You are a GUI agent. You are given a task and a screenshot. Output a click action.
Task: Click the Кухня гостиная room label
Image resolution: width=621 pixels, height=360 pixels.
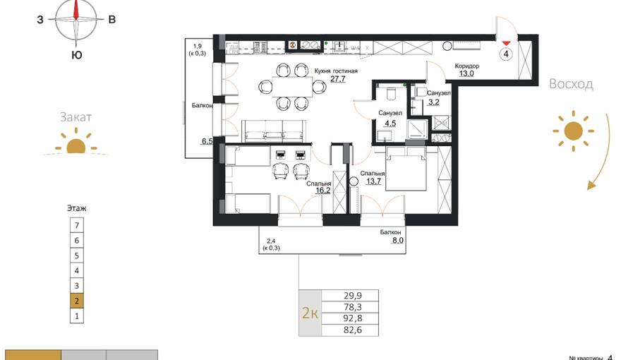(336, 71)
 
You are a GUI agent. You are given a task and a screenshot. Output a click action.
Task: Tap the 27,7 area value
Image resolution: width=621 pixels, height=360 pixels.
(338, 79)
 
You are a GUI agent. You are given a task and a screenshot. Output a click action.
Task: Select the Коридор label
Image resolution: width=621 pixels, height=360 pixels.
(467, 66)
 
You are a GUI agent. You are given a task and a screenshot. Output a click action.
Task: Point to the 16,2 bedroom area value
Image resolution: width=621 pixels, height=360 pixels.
(322, 191)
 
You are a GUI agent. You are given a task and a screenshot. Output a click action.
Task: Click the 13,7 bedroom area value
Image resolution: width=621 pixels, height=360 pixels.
(373, 181)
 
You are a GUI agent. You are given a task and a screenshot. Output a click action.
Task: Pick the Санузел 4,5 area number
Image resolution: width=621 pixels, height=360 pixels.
(390, 124)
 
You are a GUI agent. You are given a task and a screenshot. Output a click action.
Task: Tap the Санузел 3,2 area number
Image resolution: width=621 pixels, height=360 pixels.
(434, 102)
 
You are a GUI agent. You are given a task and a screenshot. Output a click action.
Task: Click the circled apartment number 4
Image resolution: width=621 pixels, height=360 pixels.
(506, 54)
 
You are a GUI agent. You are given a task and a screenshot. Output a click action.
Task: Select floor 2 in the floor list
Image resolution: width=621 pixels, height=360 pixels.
(77, 301)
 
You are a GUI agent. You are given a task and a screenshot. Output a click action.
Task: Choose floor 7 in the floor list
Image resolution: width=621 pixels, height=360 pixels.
(77, 225)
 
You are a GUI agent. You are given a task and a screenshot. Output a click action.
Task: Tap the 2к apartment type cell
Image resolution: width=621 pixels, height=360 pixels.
(310, 313)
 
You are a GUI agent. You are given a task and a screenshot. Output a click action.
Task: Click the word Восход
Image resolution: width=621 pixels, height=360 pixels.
(571, 84)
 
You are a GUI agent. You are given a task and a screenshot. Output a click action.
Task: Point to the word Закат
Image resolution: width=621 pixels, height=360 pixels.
(76, 117)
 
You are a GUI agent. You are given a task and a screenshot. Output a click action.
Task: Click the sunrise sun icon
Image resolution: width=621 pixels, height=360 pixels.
(574, 131)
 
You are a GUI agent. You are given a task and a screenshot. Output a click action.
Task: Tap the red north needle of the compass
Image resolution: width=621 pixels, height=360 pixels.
(76, 11)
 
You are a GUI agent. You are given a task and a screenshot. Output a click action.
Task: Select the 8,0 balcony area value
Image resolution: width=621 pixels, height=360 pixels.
(397, 239)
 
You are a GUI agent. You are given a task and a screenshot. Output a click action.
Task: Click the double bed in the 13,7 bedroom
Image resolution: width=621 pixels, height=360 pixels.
(406, 169)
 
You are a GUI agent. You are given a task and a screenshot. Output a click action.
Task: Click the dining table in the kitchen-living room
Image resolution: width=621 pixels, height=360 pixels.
(292, 87)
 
